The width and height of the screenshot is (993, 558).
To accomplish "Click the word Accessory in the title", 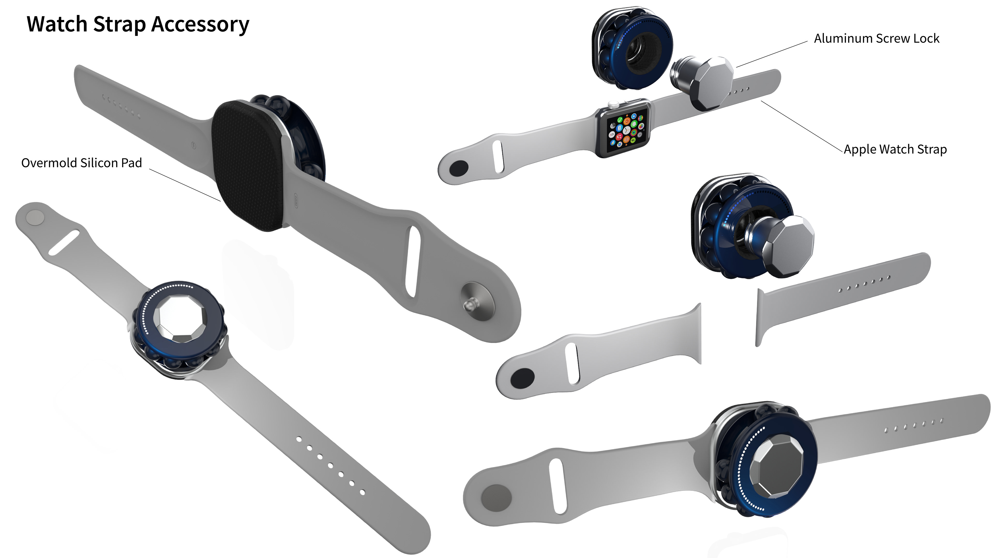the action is tap(200, 24).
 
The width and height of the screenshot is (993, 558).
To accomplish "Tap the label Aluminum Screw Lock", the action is tap(877, 38).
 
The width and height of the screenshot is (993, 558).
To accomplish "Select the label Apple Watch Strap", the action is tap(895, 149).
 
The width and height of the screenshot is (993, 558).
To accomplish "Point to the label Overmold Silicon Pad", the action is tap(81, 163).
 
